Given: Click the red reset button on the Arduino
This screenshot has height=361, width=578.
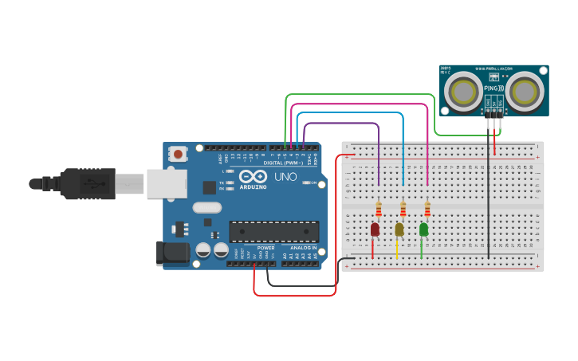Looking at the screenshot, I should (179, 153).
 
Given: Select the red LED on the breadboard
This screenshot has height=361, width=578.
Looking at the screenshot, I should (375, 230).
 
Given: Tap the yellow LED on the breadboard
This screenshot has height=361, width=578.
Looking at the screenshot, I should (399, 230).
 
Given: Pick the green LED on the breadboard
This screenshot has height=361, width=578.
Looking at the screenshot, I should (423, 230).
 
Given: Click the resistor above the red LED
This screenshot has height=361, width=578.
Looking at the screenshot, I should (378, 209).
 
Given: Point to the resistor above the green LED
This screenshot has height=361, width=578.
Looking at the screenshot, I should (427, 209).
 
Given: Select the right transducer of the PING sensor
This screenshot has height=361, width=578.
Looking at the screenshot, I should (526, 91).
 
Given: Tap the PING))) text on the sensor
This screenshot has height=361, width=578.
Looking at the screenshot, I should (494, 87).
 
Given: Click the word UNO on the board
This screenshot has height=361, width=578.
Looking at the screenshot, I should (285, 177).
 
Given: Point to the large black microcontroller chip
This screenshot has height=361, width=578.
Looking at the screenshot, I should (273, 232).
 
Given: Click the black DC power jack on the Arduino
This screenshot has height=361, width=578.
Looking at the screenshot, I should (172, 253).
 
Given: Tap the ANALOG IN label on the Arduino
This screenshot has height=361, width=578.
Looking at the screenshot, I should (302, 248).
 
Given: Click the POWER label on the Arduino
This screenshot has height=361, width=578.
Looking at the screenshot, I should (265, 248).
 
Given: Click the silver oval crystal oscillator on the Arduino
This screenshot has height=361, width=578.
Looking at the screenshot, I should (206, 208).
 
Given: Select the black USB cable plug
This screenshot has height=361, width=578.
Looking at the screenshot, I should (88, 183).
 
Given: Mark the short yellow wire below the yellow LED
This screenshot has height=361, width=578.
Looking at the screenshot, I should (397, 248).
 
